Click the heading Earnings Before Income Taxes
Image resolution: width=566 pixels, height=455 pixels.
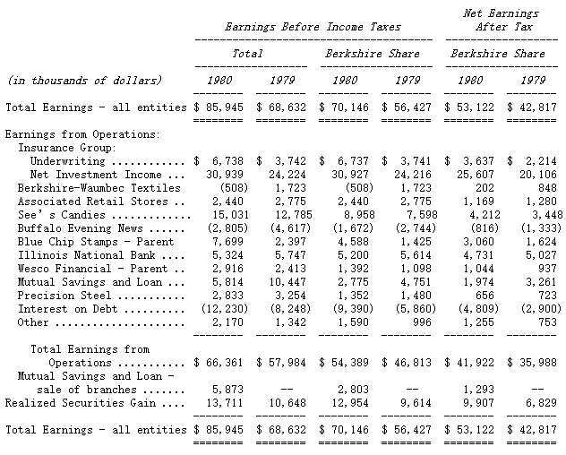[313, 27]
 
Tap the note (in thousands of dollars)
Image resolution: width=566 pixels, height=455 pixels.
[84, 81]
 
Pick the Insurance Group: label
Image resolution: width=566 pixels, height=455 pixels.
[68, 148]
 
